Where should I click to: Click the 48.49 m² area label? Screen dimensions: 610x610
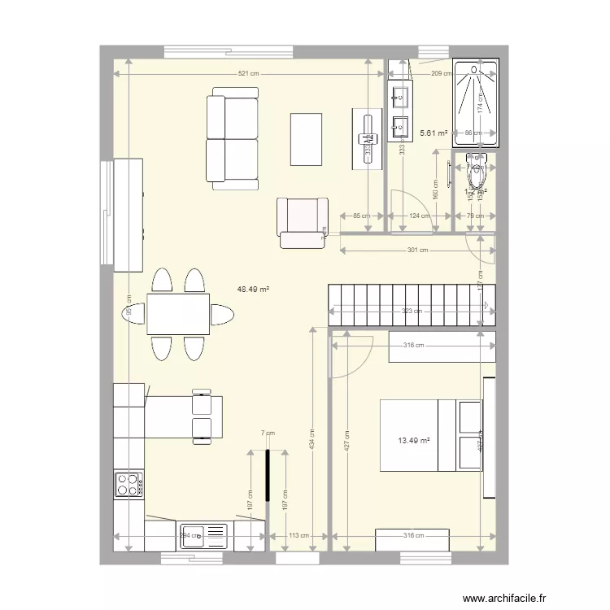click(x=253, y=289)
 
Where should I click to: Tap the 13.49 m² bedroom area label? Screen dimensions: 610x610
click(x=413, y=442)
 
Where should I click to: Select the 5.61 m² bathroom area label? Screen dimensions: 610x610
click(x=434, y=133)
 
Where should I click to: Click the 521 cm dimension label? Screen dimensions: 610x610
click(x=248, y=74)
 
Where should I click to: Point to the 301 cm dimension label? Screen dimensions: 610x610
click(x=417, y=251)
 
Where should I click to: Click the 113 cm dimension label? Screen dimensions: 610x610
click(x=298, y=536)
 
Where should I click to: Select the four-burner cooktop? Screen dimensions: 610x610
click(x=129, y=485)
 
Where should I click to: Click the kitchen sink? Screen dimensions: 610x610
click(x=203, y=536)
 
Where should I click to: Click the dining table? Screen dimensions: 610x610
click(x=178, y=314)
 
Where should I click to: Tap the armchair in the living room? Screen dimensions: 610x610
click(x=301, y=221)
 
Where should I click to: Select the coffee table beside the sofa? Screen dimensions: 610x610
click(x=306, y=139)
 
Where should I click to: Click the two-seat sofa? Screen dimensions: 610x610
click(x=232, y=139)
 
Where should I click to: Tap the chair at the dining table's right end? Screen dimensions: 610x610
click(x=220, y=314)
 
